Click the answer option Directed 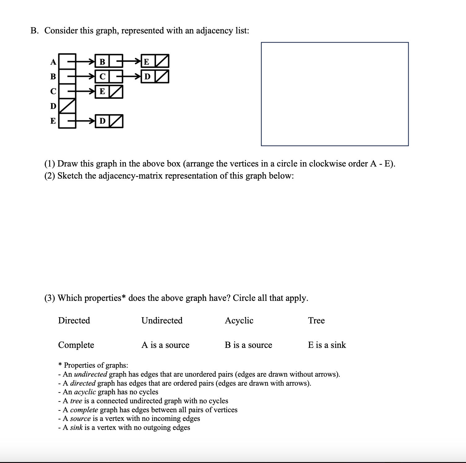[x=74, y=320]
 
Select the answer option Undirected [x=162, y=320]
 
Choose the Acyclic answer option [x=239, y=321]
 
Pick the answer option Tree [x=316, y=320]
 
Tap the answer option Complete [x=76, y=345]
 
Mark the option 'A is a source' [x=165, y=345]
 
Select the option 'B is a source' [x=248, y=345]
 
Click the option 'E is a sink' [x=327, y=345]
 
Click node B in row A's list [x=102, y=62]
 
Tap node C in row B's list [x=102, y=76]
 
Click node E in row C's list [x=102, y=92]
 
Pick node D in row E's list [x=102, y=121]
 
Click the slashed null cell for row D [x=67, y=106]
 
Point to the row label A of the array [x=53, y=62]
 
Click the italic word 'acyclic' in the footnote [x=85, y=392]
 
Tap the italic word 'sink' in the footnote [x=76, y=427]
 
